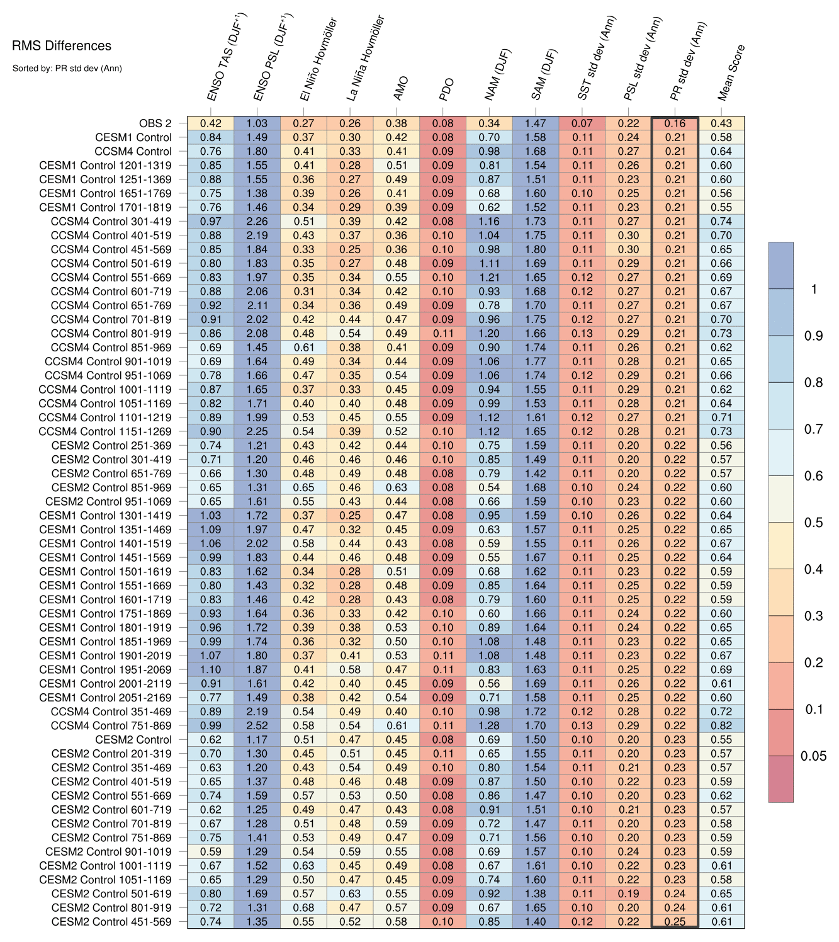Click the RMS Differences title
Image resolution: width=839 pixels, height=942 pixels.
click(62, 46)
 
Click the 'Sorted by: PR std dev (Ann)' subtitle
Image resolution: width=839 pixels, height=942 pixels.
click(67, 68)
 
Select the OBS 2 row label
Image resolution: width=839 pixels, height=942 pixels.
click(155, 123)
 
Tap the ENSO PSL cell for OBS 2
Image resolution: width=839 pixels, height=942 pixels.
click(257, 123)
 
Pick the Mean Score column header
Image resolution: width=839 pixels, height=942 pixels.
click(731, 72)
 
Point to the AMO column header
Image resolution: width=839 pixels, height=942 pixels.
click(401, 88)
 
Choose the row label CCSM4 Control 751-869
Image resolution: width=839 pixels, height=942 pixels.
click(111, 726)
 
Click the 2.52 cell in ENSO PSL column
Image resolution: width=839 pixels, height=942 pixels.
click(257, 725)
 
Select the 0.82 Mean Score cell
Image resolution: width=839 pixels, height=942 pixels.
click(721, 725)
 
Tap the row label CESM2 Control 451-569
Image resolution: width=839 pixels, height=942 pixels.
click(111, 922)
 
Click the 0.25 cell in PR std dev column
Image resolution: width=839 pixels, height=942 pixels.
click(675, 922)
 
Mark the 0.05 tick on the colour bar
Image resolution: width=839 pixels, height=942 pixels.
click(813, 756)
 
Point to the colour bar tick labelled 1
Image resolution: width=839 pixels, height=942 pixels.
click(814, 289)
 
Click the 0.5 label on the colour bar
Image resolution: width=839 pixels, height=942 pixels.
click(813, 523)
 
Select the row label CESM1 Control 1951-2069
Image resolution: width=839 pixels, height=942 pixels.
click(105, 670)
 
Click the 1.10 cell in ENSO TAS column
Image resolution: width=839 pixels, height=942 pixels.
click(210, 669)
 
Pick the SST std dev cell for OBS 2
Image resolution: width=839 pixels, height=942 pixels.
click(582, 123)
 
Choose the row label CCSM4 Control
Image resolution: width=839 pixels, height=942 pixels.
click(133, 152)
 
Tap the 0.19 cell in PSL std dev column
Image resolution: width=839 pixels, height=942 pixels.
click(628, 894)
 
